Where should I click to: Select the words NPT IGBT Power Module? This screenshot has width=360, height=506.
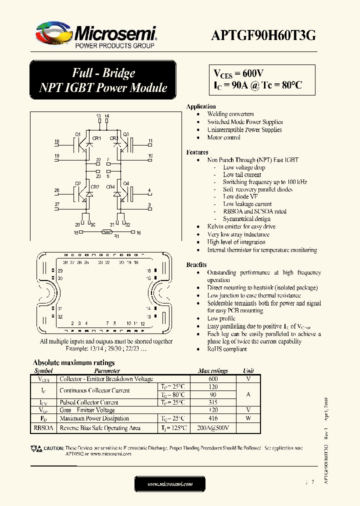(x=103, y=87)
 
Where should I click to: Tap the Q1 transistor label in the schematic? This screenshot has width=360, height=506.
(x=77, y=134)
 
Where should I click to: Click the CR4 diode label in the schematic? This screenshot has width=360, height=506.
(x=110, y=187)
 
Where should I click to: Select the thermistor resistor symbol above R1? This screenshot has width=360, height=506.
(x=105, y=232)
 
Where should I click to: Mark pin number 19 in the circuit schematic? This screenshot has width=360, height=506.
(x=56, y=156)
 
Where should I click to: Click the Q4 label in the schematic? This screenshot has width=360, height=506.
(x=126, y=183)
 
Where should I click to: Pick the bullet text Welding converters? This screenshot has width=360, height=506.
(x=230, y=114)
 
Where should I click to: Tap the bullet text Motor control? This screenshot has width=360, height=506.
(x=223, y=137)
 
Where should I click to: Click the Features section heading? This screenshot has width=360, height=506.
(x=197, y=152)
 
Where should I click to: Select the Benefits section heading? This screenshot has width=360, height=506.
(x=196, y=264)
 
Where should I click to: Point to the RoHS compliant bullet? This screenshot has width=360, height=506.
(x=227, y=349)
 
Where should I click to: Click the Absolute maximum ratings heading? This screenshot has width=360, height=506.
(x=73, y=362)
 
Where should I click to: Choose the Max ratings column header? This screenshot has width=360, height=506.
(x=213, y=371)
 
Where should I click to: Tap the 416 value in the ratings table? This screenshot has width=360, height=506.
(x=213, y=418)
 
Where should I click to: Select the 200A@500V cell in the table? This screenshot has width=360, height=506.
(x=213, y=428)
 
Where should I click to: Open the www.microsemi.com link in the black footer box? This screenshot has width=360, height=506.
(x=170, y=484)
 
